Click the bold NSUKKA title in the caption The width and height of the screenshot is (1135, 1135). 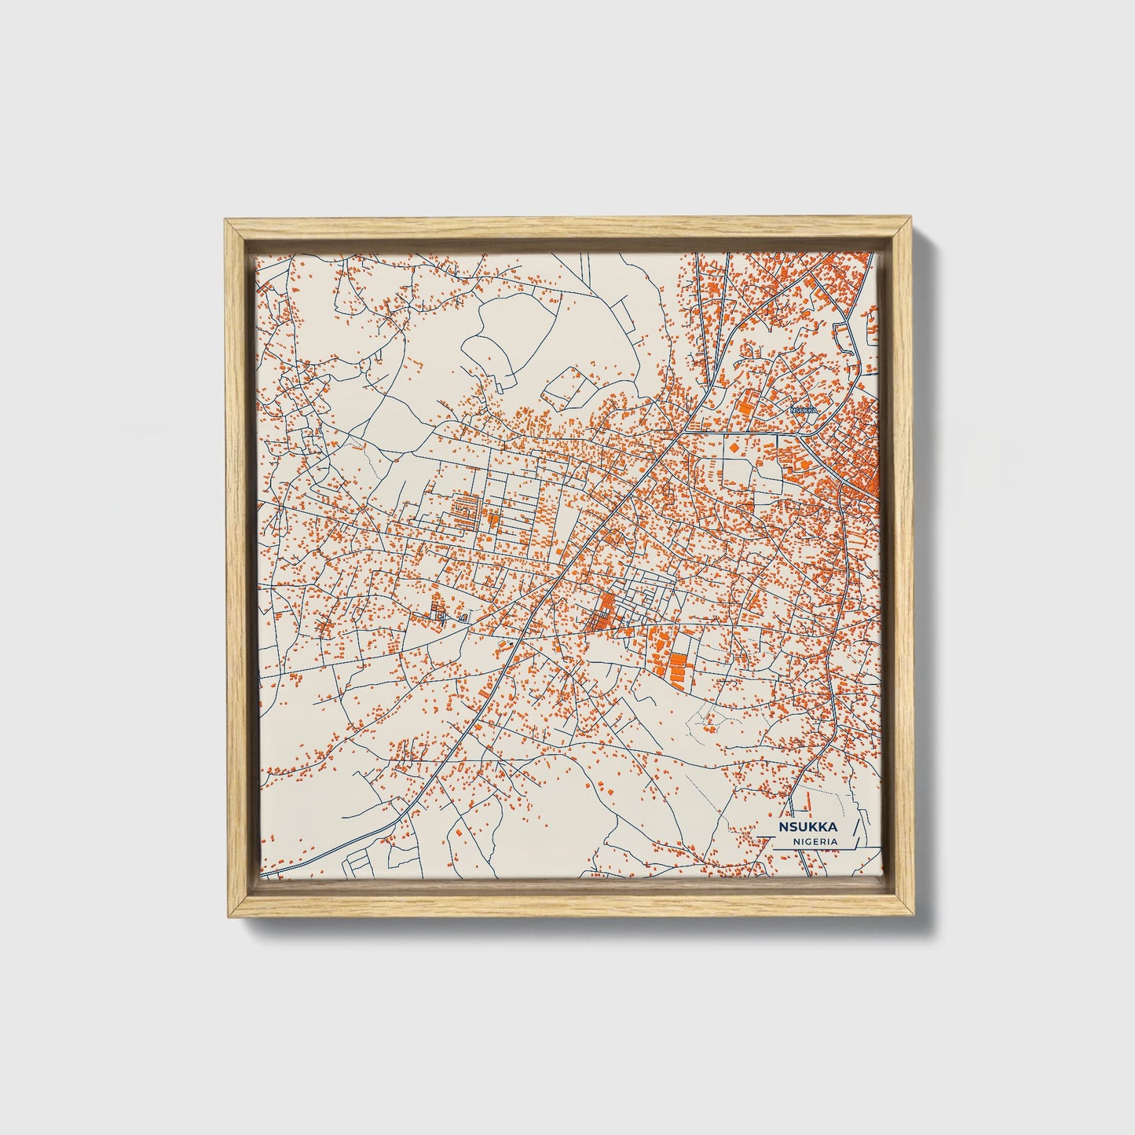pos(807,827)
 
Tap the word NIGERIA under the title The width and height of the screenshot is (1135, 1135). pos(815,841)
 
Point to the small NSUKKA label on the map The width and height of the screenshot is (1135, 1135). pos(804,410)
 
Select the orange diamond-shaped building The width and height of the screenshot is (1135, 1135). pos(734,446)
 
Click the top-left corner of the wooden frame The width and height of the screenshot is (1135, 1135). pos(225,222)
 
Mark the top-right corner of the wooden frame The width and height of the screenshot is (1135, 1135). pos(911,222)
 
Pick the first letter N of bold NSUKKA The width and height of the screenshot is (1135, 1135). pos(783,827)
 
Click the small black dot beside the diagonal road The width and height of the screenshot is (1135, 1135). pos(511,643)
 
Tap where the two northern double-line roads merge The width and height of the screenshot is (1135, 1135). pos(711,390)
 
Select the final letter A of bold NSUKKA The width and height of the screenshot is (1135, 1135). pos(833,827)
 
